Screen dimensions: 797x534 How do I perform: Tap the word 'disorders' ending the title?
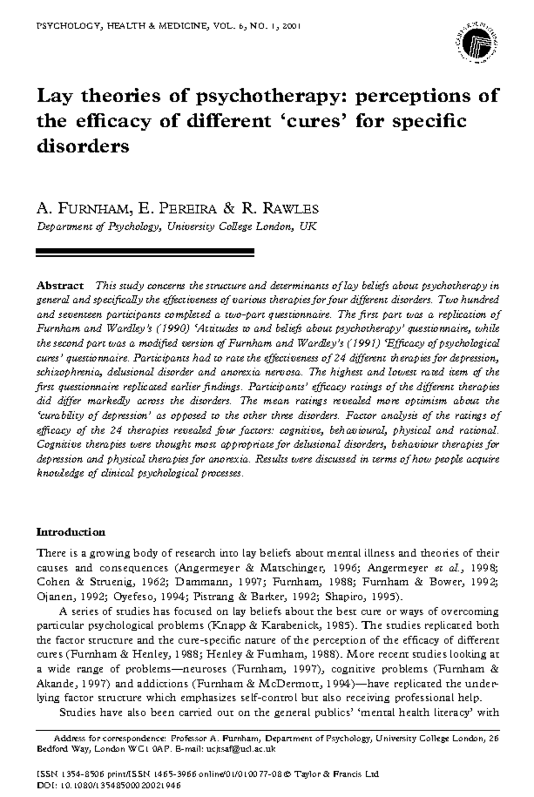click(x=83, y=146)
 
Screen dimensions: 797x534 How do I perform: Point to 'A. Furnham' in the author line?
click(x=83, y=208)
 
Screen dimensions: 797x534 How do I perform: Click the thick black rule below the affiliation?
click(x=145, y=253)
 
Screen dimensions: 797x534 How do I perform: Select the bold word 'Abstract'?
click(x=60, y=285)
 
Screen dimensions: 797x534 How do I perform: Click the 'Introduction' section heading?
click(x=71, y=532)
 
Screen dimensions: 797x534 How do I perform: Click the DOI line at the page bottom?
click(x=109, y=786)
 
